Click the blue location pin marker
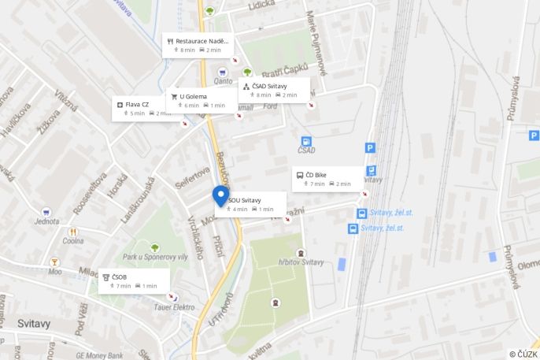221,197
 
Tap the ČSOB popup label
131,281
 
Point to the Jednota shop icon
46,213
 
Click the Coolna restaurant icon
73,232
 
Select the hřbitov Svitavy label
301,262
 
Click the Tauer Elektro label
174,307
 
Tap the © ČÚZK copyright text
523,354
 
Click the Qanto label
223,80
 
